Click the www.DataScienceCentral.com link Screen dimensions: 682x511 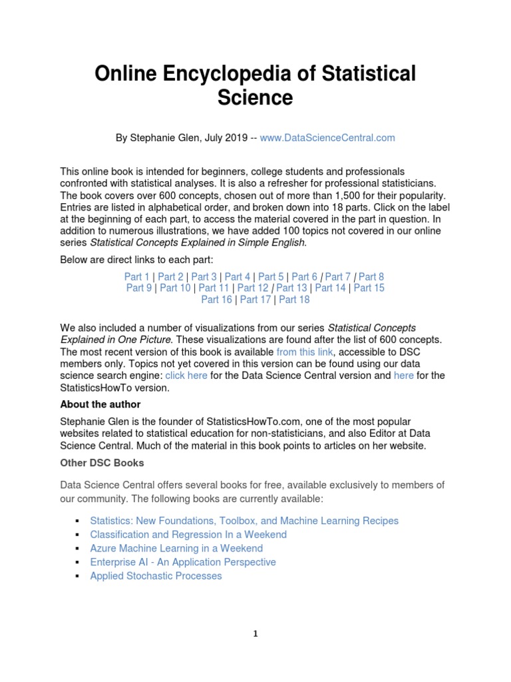[327, 138]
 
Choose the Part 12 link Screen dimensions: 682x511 [253, 288]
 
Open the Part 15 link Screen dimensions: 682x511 [369, 288]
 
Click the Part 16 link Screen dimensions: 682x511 [217, 300]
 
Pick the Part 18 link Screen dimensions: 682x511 [294, 300]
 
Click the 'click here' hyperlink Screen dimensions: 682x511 [186, 376]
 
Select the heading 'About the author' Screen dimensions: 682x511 [100, 404]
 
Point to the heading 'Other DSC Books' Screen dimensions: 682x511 [102, 463]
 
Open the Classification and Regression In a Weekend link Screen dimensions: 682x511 [188, 535]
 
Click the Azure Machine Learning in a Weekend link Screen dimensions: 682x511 [176, 549]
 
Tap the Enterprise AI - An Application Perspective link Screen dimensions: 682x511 [183, 562]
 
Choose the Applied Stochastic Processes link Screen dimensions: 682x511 [156, 576]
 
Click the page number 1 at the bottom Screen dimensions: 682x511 [255, 634]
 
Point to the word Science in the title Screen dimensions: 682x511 [255, 97]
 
